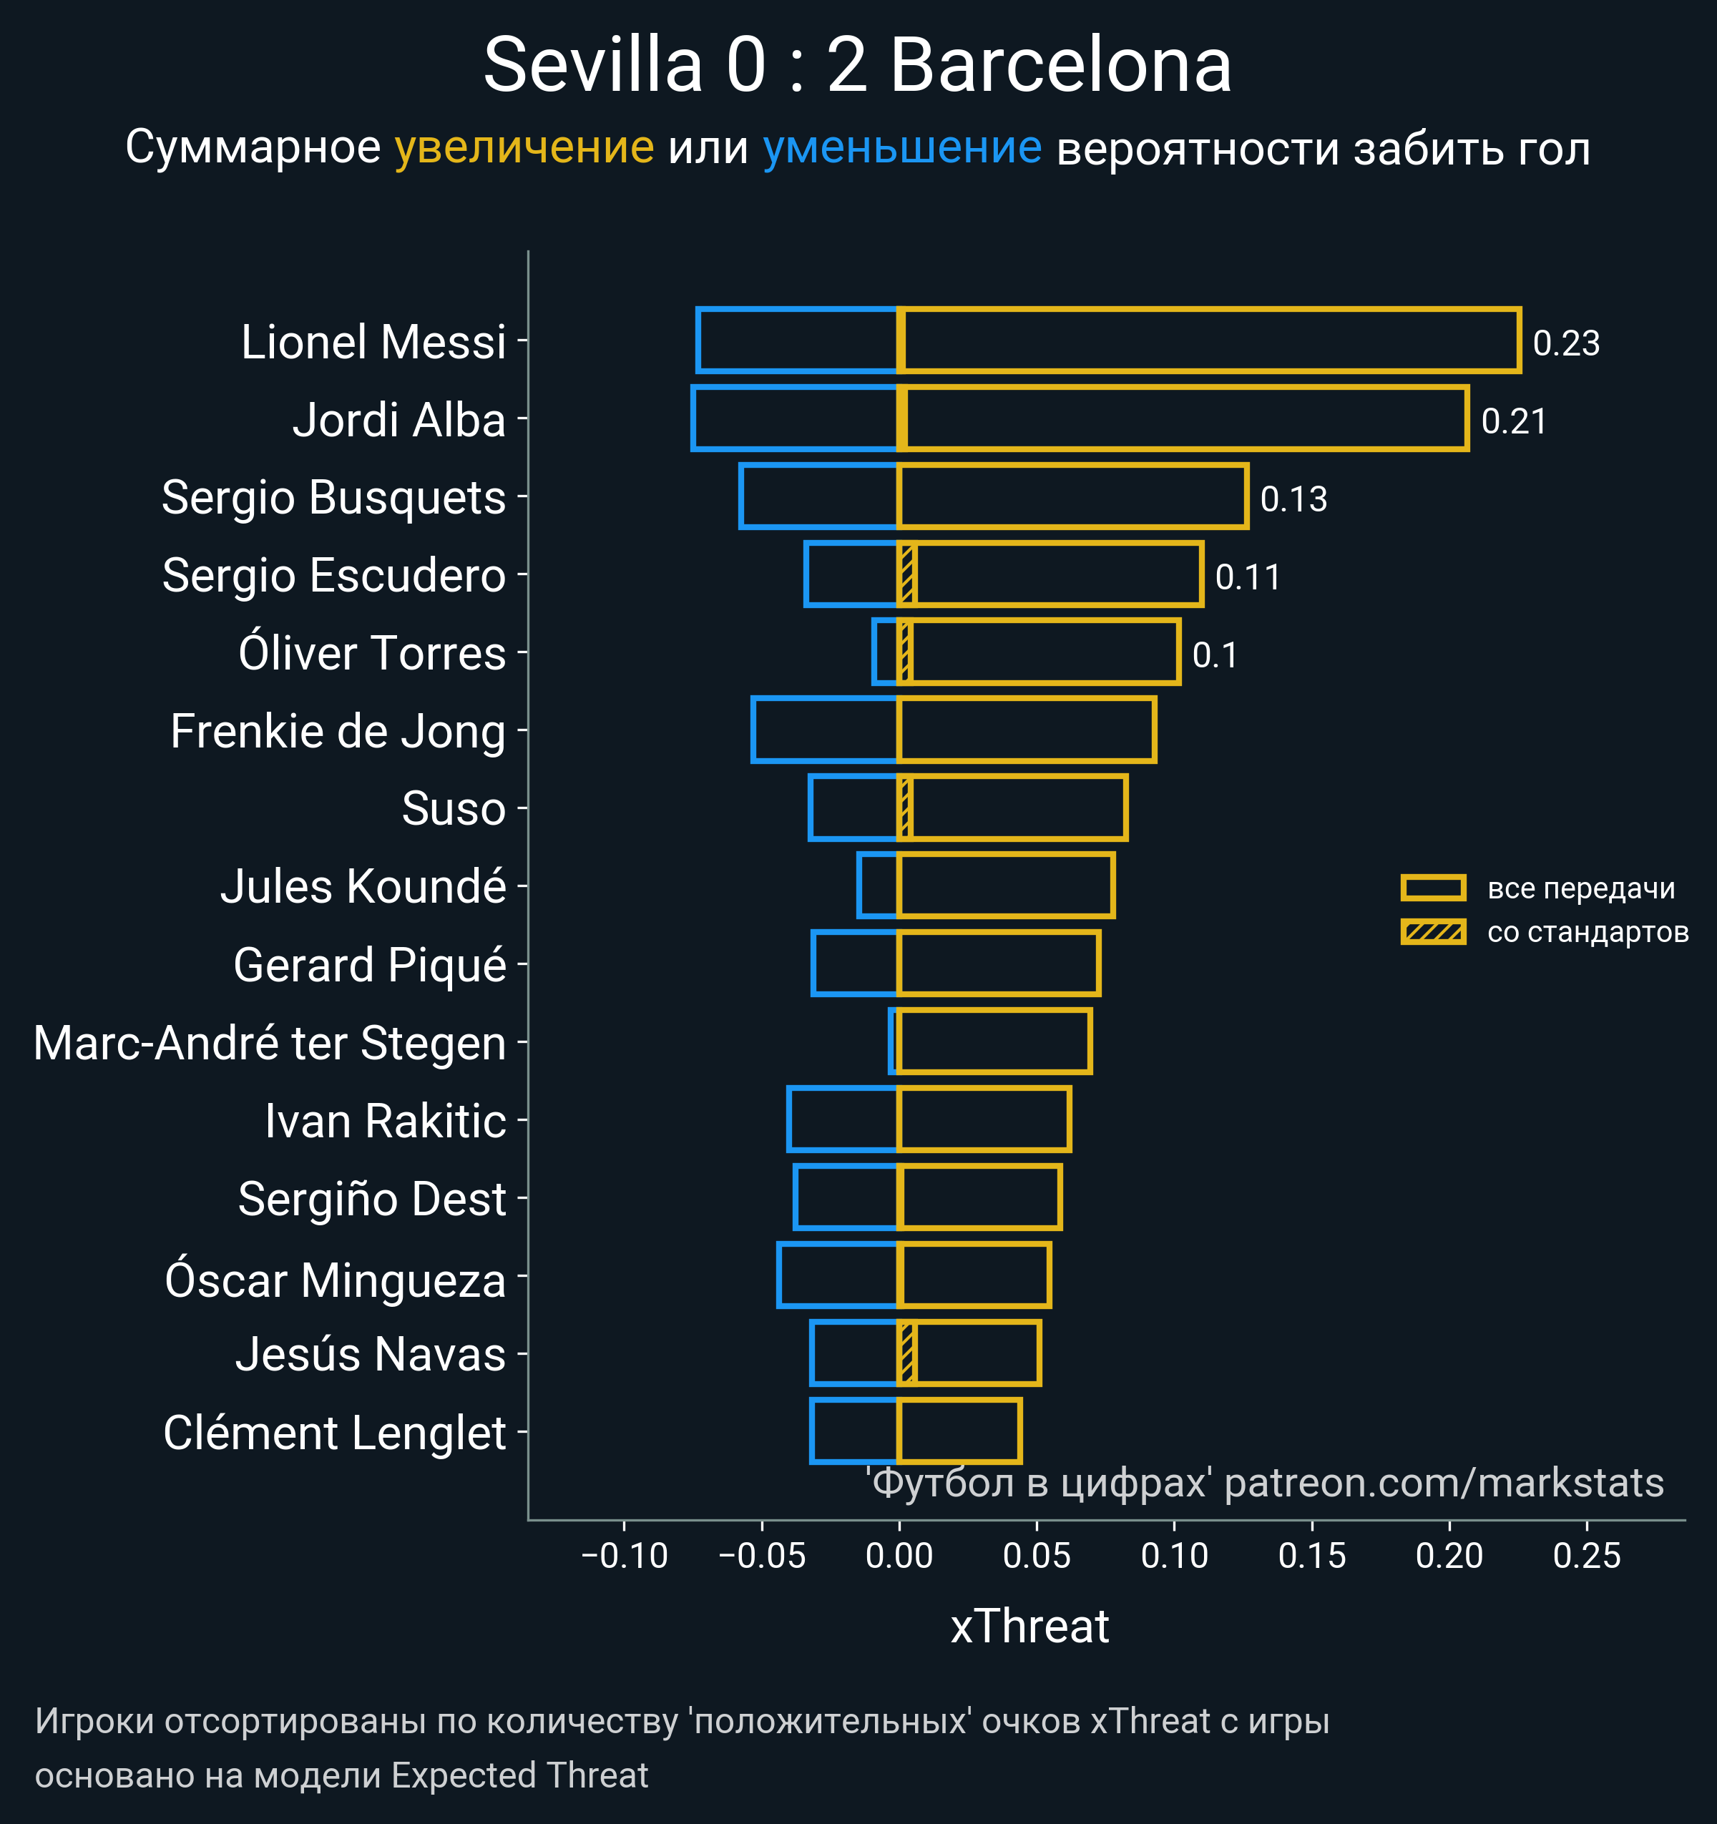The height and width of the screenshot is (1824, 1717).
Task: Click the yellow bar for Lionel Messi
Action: [1208, 340]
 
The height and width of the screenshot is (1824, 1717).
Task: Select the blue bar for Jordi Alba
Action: [795, 419]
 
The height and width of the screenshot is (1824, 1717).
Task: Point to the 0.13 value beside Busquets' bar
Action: [1293, 499]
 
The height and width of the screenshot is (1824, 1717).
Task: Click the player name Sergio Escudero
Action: [333, 575]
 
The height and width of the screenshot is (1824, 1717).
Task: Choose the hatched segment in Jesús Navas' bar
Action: [906, 1353]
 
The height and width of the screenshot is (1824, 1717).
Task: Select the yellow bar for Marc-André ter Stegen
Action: [994, 1041]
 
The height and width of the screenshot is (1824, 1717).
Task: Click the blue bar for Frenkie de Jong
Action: [824, 730]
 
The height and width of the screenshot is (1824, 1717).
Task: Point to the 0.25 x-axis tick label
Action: [1587, 1555]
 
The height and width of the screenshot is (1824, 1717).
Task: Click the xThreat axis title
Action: [1029, 1627]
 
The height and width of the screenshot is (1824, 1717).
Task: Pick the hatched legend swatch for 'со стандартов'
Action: [1432, 932]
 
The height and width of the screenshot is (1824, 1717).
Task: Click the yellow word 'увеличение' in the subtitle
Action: [524, 148]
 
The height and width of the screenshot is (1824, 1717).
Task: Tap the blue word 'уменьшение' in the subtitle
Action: [902, 148]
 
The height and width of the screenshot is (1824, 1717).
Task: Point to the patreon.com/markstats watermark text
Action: [1444, 1483]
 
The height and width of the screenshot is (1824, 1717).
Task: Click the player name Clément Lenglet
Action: [334, 1433]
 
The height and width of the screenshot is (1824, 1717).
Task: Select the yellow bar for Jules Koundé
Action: [1006, 886]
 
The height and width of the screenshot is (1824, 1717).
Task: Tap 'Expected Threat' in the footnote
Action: [519, 1775]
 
